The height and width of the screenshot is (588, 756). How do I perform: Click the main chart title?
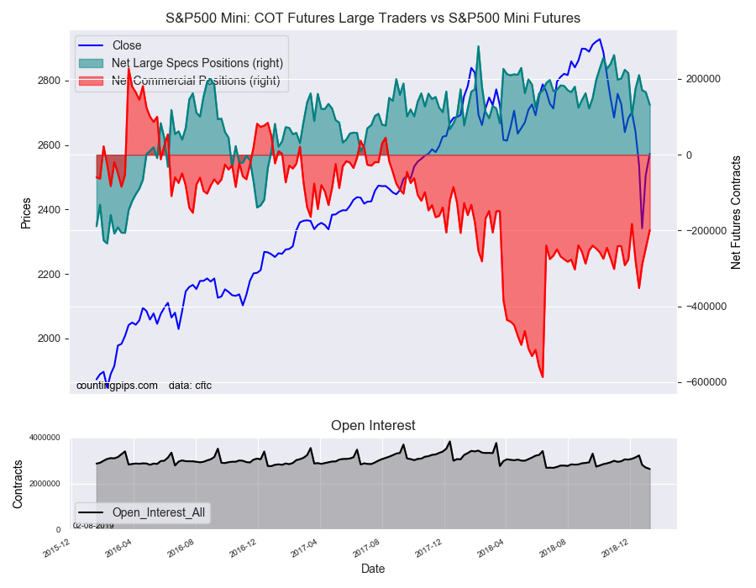pyautogui.click(x=371, y=18)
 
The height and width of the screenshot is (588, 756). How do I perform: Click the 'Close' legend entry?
pyautogui.click(x=126, y=45)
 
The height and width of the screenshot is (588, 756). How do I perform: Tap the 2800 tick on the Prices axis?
pyautogui.click(x=48, y=81)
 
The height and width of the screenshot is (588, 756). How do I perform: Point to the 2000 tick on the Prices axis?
pyautogui.click(x=48, y=339)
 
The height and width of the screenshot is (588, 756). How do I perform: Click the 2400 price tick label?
pyautogui.click(x=48, y=210)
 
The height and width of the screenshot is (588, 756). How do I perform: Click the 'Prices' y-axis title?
pyautogui.click(x=26, y=213)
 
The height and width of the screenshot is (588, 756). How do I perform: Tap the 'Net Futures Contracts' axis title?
pyautogui.click(x=736, y=212)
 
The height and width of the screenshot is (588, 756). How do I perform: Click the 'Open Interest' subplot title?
pyautogui.click(x=372, y=425)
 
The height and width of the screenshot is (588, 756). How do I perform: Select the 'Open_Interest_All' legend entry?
pyautogui.click(x=158, y=512)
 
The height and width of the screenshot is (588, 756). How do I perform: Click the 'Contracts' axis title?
pyautogui.click(x=18, y=483)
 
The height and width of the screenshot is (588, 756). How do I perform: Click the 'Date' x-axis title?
pyautogui.click(x=372, y=569)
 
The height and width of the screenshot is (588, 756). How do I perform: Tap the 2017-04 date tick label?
pyautogui.click(x=304, y=548)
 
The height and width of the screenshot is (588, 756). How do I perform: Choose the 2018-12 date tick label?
pyautogui.click(x=616, y=548)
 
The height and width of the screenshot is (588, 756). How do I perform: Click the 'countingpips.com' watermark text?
pyautogui.click(x=117, y=386)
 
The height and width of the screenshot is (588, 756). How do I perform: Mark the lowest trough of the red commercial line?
pyautogui.click(x=543, y=377)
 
